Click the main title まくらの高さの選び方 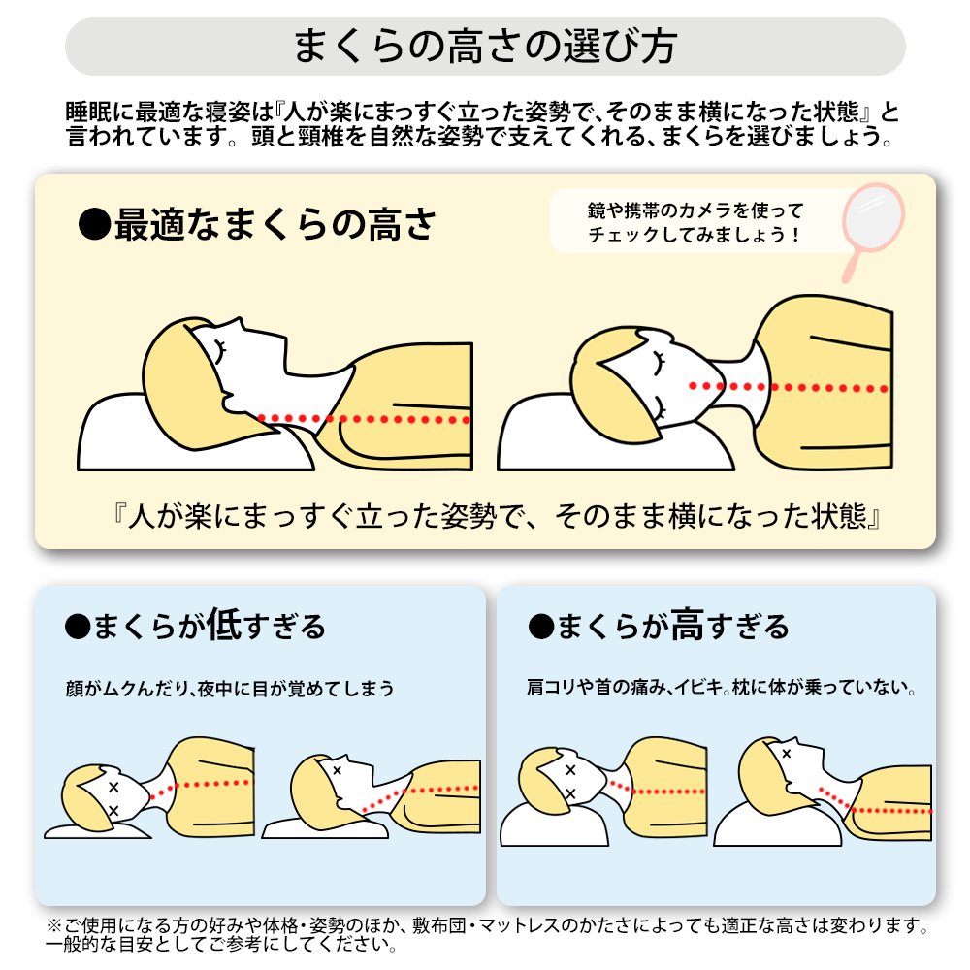click(485, 47)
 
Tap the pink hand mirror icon click(872, 230)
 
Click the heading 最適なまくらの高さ click(275, 224)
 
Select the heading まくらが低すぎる click(210, 625)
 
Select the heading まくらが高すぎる click(673, 625)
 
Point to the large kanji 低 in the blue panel click(223, 624)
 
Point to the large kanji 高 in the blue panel click(688, 624)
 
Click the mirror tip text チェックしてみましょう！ click(695, 235)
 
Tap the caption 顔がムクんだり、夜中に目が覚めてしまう click(230, 688)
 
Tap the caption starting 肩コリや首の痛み click(722, 687)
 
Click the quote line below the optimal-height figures click(496, 516)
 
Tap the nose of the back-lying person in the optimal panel click(239, 324)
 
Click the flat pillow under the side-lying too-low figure click(98, 832)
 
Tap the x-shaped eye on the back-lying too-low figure click(338, 771)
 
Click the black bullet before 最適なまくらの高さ click(95, 224)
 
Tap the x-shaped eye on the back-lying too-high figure click(787, 754)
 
